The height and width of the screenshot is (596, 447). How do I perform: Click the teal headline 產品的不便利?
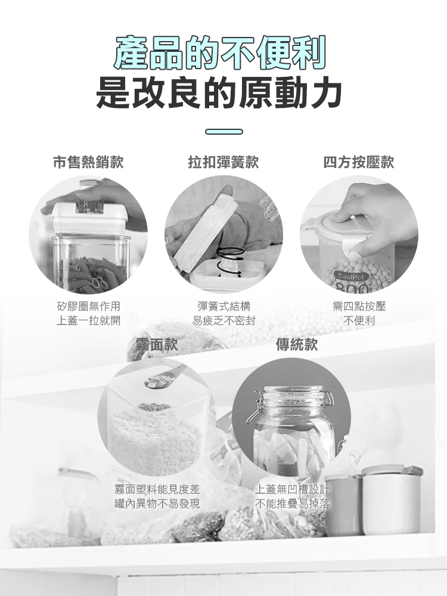coord(221,52)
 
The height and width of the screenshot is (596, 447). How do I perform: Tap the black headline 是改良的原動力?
coord(219,92)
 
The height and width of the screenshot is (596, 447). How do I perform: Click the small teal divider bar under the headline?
coord(224,132)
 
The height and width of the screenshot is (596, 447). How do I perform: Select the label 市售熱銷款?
coord(88,162)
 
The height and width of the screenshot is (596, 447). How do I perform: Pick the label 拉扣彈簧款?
coord(223,162)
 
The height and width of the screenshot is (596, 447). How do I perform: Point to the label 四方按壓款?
coord(359,162)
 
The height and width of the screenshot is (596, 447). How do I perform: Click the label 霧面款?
coord(157,344)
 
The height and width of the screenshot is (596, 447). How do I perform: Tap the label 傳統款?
coord(296,344)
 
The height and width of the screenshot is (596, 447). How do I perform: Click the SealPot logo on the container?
coord(351,277)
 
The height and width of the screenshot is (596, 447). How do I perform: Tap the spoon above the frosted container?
coord(165,377)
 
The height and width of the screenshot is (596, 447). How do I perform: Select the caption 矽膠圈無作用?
coord(88,306)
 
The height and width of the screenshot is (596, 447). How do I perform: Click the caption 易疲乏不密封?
coord(223,321)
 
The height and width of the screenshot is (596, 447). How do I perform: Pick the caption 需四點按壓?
coord(359,306)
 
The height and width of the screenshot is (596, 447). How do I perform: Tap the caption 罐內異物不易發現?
coord(157,504)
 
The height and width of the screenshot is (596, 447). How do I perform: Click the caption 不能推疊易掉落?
coord(292,504)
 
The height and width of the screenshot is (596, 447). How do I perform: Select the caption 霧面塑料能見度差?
coord(157,489)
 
